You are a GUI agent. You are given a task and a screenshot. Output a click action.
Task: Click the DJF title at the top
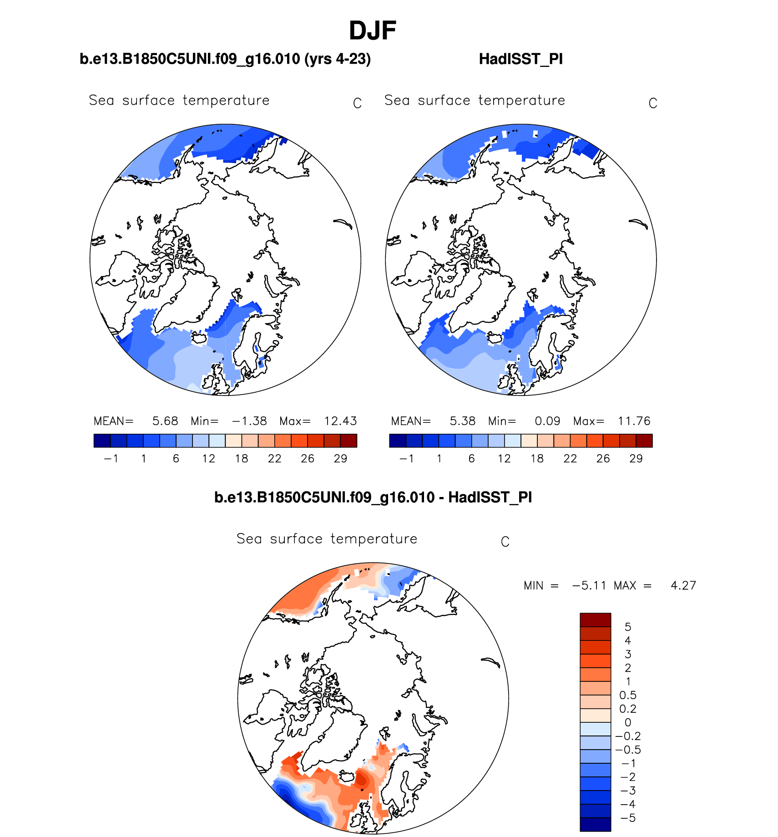click(372, 31)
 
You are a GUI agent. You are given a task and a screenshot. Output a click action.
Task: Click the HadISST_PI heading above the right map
click(520, 59)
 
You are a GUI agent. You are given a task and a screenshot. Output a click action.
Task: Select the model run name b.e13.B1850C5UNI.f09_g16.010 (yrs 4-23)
click(225, 59)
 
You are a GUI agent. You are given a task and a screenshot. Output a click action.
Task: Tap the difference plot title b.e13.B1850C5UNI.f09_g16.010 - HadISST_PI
click(373, 497)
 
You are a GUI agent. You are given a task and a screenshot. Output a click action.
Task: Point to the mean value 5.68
click(165, 421)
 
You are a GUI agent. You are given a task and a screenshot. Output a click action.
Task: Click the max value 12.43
click(340, 421)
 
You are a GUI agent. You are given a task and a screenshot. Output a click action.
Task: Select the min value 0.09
click(547, 421)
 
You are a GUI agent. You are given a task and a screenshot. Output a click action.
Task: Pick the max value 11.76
click(634, 421)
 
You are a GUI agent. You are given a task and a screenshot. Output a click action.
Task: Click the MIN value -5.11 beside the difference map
click(589, 585)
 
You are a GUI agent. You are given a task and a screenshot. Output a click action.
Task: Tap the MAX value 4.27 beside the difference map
click(683, 585)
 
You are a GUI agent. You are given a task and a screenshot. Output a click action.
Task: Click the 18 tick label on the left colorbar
click(241, 459)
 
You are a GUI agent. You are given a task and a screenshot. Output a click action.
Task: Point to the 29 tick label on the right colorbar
click(636, 459)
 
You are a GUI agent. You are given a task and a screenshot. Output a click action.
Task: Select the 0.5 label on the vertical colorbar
click(628, 695)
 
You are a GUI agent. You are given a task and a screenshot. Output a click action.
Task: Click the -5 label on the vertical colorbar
click(628, 818)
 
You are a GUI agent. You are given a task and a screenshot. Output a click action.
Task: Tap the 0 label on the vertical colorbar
click(628, 723)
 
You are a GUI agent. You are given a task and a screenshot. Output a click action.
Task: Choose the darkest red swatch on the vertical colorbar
click(595, 620)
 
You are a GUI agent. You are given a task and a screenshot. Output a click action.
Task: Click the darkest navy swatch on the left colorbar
click(102, 441)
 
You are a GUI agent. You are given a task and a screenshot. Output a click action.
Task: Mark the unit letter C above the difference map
click(505, 542)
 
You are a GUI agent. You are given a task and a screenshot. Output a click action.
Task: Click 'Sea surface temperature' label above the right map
click(475, 101)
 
